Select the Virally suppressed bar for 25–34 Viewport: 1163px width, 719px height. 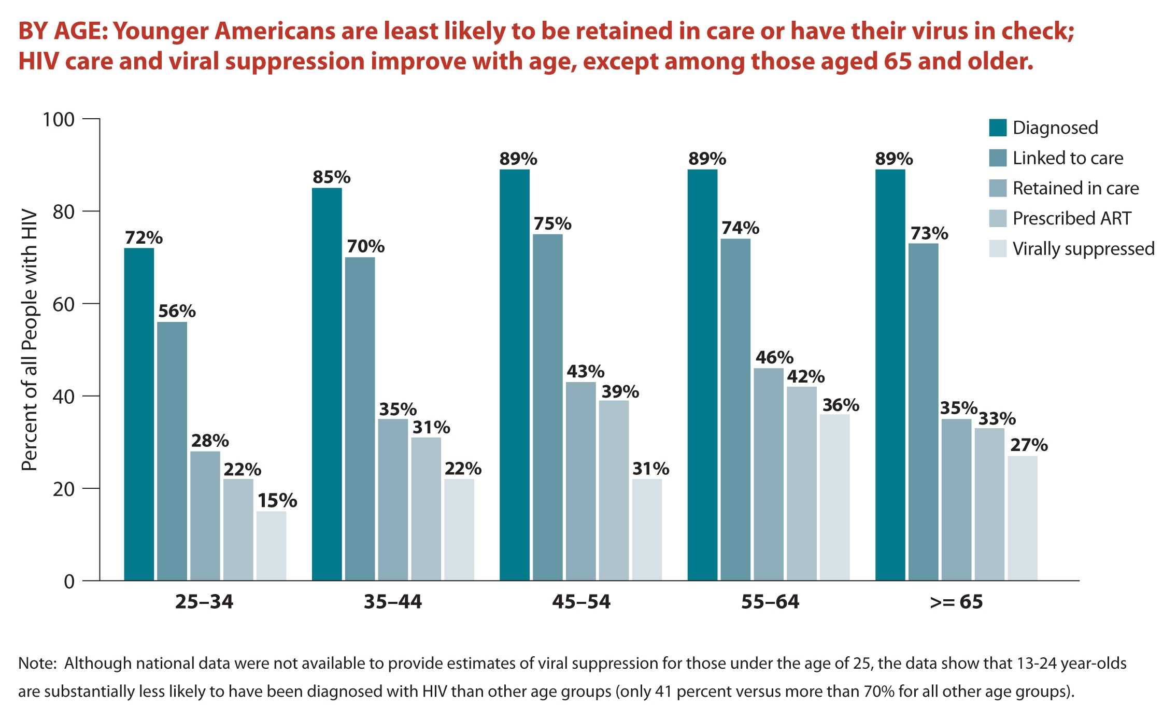(271, 545)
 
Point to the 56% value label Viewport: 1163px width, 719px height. (177, 311)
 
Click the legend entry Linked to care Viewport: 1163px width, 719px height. (1068, 158)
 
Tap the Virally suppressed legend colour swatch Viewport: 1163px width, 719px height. (998, 249)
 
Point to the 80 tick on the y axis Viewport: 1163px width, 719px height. (63, 212)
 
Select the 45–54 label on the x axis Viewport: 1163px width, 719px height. (581, 601)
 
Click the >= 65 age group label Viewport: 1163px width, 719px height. (956, 601)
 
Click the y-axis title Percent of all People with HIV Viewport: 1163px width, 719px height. (29, 340)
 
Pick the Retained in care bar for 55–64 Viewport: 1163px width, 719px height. (769, 474)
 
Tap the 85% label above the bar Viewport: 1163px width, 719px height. (331, 177)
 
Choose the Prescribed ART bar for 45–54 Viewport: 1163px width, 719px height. (614, 490)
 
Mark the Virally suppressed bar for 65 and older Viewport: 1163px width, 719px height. (1023, 518)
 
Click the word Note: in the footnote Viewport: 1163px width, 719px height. (37, 664)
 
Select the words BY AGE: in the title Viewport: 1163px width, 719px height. (62, 31)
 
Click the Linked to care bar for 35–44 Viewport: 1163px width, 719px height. (360, 418)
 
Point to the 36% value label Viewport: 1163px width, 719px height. (841, 405)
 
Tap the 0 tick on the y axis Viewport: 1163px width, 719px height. (69, 582)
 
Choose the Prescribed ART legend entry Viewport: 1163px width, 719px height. (1071, 219)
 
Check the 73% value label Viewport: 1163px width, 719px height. (929, 233)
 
